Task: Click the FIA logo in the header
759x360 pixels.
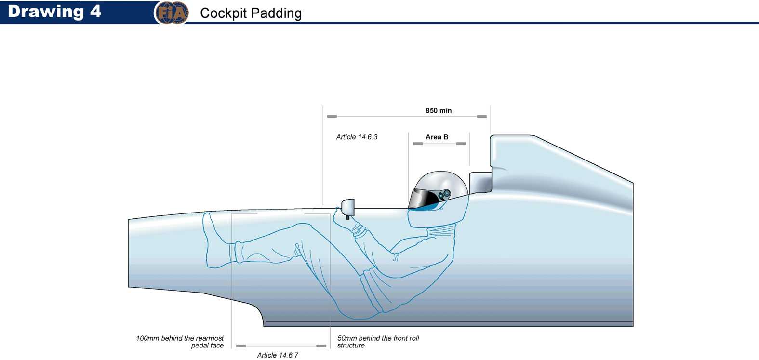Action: [x=171, y=13]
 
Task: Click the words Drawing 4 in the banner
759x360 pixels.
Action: [x=54, y=12]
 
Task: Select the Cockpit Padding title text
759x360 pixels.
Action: [x=251, y=13]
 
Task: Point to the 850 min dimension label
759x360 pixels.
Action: [x=439, y=110]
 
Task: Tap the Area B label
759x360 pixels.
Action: [x=437, y=137]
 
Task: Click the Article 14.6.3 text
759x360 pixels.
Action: [x=357, y=137]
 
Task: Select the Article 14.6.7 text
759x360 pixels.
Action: [x=278, y=355]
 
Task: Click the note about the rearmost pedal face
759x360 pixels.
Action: [x=180, y=342]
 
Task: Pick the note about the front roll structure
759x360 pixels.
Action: [x=378, y=342]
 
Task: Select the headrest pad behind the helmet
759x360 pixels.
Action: [x=480, y=182]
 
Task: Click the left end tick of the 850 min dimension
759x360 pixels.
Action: [x=332, y=116]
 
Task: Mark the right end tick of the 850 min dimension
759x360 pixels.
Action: [x=481, y=116]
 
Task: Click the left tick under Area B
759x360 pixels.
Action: [x=418, y=144]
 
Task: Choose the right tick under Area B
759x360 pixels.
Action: [x=461, y=144]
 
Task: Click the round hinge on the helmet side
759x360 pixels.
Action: [x=446, y=194]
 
